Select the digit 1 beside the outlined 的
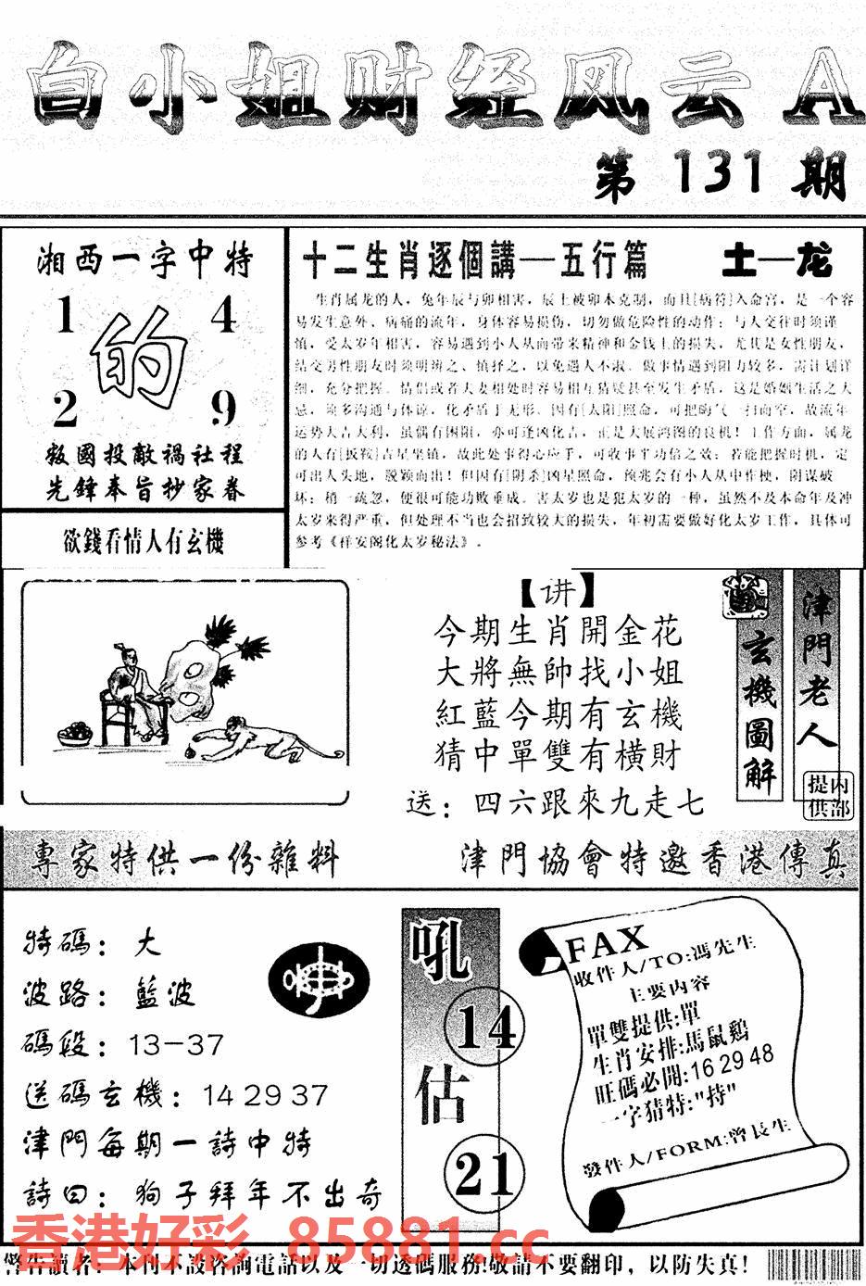click(65, 318)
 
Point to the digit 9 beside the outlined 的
click(223, 409)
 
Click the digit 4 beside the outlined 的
click(223, 318)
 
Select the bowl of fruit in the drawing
click(74, 733)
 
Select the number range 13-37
click(177, 1045)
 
